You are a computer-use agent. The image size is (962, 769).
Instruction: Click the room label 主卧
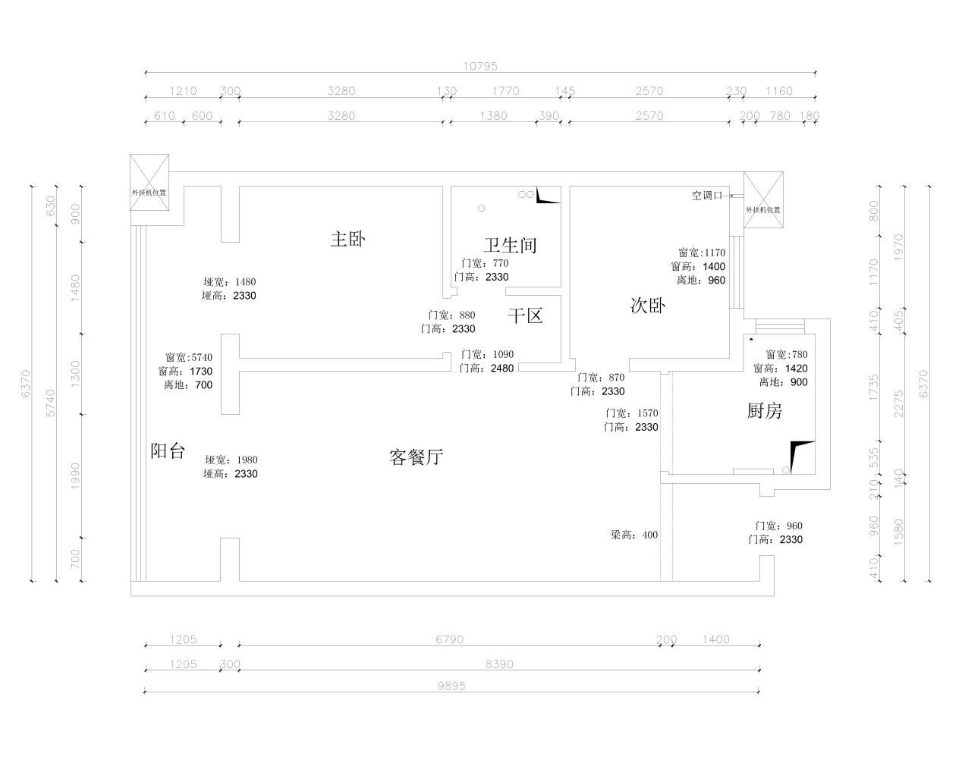pyautogui.click(x=347, y=240)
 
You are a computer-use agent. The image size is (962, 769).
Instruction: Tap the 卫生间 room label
pyautogui.click(x=510, y=246)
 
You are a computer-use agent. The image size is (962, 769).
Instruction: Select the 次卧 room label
pyautogui.click(x=648, y=306)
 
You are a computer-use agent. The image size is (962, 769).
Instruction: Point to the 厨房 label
pyautogui.click(x=764, y=411)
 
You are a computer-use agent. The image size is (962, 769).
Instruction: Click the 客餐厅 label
pyautogui.click(x=416, y=457)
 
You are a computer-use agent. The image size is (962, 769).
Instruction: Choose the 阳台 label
pyautogui.click(x=168, y=451)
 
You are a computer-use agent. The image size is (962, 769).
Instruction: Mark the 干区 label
pyautogui.click(x=525, y=316)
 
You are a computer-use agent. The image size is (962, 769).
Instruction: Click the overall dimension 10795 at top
pyautogui.click(x=479, y=67)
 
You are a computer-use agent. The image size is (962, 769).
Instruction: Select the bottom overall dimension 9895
pyautogui.click(x=451, y=686)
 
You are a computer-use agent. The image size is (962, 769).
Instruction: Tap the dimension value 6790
pyautogui.click(x=449, y=639)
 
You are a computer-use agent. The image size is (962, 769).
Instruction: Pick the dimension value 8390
pyautogui.click(x=499, y=664)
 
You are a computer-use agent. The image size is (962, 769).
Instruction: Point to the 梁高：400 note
pyautogui.click(x=634, y=535)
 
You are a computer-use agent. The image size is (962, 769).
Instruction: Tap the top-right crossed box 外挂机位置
pyautogui.click(x=762, y=200)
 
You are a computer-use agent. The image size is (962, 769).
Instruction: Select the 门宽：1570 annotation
pyautogui.click(x=631, y=413)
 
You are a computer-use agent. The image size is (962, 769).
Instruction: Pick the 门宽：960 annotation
pyautogui.click(x=778, y=526)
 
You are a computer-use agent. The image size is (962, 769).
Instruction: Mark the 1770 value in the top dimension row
pyautogui.click(x=505, y=91)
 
